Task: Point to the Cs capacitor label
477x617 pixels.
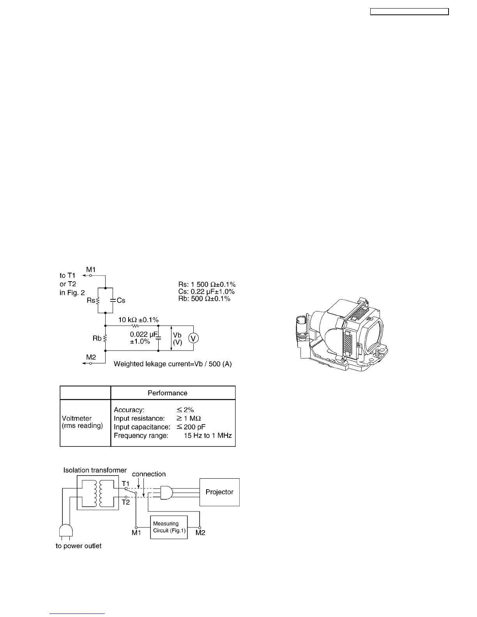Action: [121, 300]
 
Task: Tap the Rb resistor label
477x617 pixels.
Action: [97, 338]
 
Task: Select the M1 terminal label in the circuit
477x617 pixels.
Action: [91, 269]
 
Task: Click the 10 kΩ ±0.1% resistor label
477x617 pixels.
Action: [138, 320]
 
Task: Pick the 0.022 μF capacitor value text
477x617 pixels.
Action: [144, 334]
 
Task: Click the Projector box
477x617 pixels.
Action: [219, 492]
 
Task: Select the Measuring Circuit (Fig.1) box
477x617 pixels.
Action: [169, 527]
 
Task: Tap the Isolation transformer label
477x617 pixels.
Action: [95, 470]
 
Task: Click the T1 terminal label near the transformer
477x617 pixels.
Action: [125, 484]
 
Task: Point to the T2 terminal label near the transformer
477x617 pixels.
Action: [125, 502]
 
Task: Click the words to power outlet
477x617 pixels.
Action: [78, 546]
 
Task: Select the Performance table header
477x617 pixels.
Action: [167, 393]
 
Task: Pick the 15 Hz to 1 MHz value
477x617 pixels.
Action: [208, 435]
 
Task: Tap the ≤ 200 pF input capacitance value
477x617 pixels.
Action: [191, 427]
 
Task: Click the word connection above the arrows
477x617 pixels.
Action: [149, 474]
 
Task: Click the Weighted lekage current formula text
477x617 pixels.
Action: [173, 364]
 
